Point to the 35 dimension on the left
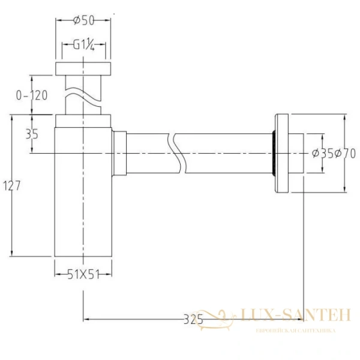(x=32, y=134)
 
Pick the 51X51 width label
(x=83, y=274)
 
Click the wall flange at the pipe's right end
(x=281, y=153)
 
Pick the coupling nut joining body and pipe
(x=120, y=153)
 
